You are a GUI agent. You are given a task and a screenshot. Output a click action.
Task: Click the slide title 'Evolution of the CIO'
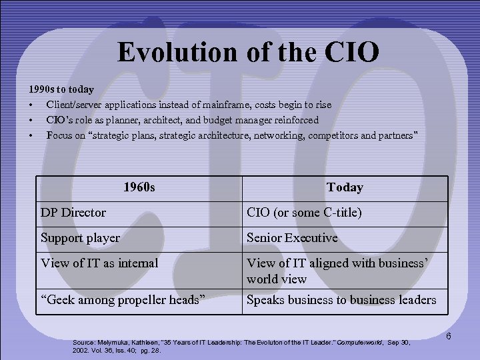[248, 51]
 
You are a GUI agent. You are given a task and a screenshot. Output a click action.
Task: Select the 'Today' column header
[345, 188]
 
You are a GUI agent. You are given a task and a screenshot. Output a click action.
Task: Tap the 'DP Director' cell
[73, 213]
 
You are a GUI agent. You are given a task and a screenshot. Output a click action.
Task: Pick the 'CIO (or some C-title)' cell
[304, 213]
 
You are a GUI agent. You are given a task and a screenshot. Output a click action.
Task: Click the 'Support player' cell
[81, 238]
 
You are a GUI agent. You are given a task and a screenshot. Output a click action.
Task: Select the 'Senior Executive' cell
[292, 238]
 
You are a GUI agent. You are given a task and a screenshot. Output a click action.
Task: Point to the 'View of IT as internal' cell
[99, 263]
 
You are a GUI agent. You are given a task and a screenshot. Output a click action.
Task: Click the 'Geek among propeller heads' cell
[121, 300]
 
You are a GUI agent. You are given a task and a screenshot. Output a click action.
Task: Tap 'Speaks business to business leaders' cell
[341, 300]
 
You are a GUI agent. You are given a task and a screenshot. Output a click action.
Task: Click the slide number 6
[449, 336]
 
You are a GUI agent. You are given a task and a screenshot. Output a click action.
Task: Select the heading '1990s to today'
[61, 89]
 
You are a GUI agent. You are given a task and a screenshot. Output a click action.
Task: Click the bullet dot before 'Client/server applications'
[31, 105]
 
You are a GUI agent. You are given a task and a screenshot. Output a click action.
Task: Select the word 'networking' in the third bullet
[270, 136]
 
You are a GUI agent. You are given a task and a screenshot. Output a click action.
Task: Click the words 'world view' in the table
[277, 279]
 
